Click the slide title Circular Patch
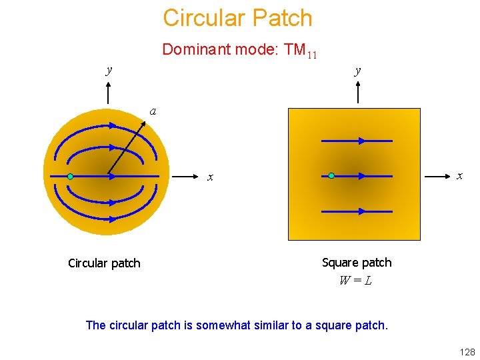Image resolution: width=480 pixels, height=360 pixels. [x=237, y=18]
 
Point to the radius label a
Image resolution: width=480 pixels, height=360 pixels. [x=153, y=111]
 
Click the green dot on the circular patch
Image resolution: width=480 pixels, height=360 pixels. [x=70, y=177]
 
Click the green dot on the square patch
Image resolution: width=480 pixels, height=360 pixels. [x=331, y=176]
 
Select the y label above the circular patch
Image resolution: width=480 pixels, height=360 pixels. [x=109, y=69]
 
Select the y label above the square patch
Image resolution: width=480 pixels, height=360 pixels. [x=358, y=69]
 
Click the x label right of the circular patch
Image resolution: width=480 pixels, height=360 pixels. [x=210, y=177]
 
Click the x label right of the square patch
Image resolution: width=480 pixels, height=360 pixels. [x=459, y=175]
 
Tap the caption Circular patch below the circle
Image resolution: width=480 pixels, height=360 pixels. [x=104, y=263]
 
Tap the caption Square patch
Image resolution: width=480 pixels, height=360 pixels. [x=357, y=263]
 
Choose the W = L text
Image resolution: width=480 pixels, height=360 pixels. [x=355, y=281]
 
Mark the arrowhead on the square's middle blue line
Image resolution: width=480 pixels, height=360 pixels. [x=362, y=176]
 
